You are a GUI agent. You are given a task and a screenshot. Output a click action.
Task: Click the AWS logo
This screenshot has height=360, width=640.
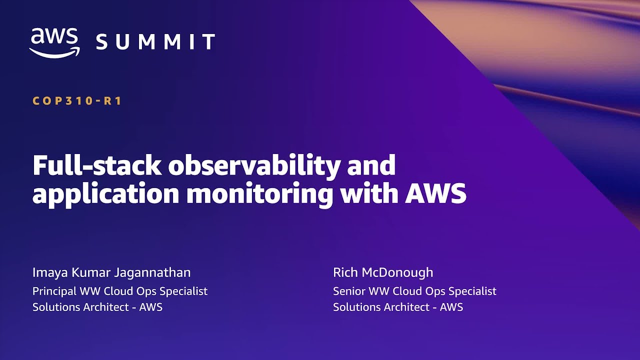[54, 43]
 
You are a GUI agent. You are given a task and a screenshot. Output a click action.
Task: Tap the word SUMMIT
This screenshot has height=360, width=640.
[155, 41]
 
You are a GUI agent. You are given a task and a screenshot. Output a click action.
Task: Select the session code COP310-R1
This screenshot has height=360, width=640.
[77, 101]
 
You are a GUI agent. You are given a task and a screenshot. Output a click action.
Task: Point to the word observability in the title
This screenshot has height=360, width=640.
[254, 166]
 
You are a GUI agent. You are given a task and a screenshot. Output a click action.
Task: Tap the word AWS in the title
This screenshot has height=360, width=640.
[435, 193]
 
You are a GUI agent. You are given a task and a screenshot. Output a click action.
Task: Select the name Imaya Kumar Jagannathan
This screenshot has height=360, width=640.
[111, 273]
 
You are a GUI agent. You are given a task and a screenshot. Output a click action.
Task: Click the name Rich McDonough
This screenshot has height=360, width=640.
[383, 272]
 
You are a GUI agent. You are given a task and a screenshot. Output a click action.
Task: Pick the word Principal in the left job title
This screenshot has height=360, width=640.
[54, 291]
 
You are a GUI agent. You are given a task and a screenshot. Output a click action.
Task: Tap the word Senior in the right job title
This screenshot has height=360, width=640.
[349, 291]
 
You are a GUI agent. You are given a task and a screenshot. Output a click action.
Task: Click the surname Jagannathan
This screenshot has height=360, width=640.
[152, 273]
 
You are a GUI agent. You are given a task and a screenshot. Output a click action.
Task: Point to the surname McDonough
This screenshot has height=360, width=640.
[397, 272]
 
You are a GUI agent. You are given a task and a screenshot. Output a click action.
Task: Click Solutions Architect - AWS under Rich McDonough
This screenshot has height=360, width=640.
[398, 307]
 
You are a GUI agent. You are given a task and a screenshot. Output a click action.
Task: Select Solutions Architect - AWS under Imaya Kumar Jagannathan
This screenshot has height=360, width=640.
[97, 307]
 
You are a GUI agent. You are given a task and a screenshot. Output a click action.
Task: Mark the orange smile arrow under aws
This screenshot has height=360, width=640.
[54, 52]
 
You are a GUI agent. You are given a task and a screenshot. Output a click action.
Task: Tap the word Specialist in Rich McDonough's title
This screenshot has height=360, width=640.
[472, 291]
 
